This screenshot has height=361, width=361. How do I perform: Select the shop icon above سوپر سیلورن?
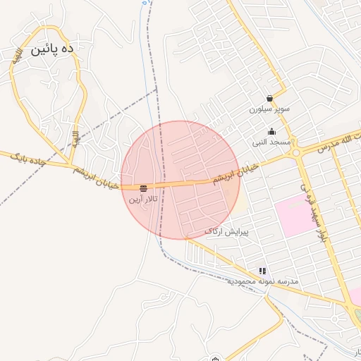click(270, 99)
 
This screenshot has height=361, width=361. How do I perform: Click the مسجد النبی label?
click(272, 142)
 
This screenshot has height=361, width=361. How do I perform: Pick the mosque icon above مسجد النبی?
click(272, 132)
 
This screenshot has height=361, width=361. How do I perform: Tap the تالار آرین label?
click(143, 200)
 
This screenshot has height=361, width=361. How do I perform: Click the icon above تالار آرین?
click(143, 188)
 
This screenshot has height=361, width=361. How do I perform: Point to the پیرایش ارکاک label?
click(226, 231)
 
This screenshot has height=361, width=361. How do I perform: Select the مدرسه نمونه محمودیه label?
click(263, 281)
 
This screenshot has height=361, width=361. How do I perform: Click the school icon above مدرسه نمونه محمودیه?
click(263, 271)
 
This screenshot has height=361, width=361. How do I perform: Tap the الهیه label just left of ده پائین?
click(15, 54)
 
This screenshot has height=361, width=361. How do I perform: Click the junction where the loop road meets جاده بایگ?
click(73, 166)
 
